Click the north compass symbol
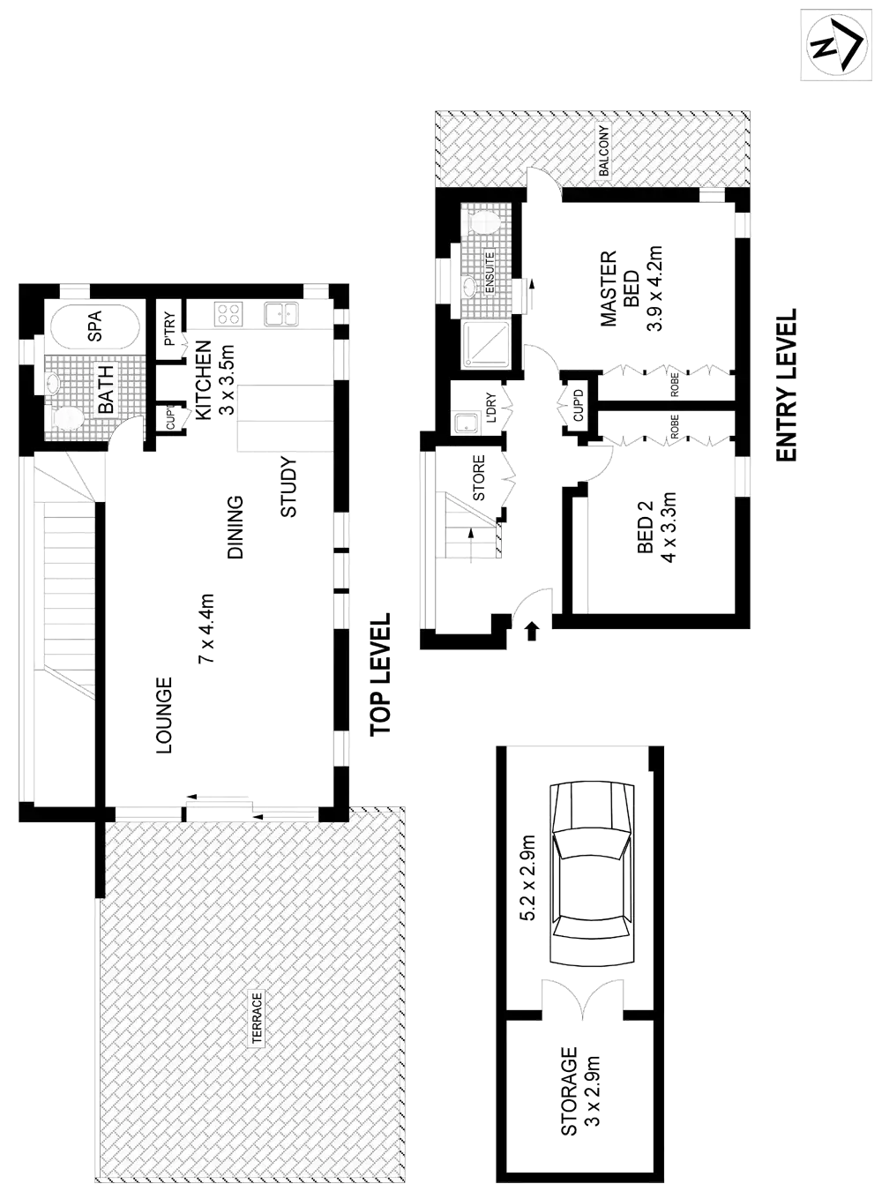tap(835, 47)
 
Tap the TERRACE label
tap(257, 1018)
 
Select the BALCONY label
tap(604, 152)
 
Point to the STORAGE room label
tap(570, 1090)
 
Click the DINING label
tap(235, 528)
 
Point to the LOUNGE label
tap(164, 715)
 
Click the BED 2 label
tap(644, 529)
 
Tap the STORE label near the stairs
tap(480, 476)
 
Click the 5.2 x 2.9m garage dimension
tap(528, 878)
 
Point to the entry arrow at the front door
tap(531, 629)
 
